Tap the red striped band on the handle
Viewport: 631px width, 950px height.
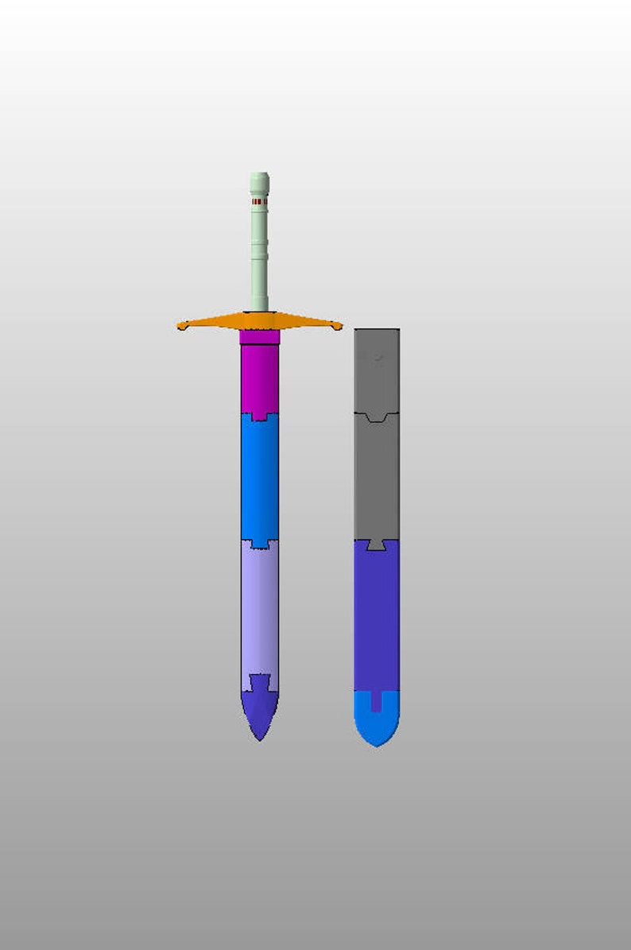259,203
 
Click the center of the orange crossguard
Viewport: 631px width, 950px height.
259,321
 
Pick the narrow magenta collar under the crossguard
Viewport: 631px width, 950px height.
259,337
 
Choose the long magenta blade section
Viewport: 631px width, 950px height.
259,378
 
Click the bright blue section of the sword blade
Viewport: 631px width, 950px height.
259,477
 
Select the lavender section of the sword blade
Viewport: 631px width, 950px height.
259,612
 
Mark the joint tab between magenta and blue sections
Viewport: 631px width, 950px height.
259,417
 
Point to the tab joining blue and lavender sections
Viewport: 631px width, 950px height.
259,544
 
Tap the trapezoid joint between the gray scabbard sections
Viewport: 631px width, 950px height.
377,417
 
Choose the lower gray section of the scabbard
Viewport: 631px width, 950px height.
377,477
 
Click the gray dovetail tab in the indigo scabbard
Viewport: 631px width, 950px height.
377,545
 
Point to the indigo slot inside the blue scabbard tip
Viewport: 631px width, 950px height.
377,701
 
